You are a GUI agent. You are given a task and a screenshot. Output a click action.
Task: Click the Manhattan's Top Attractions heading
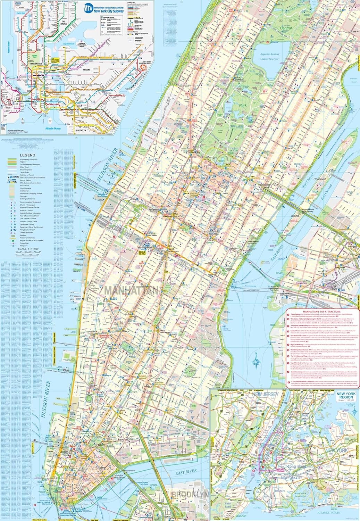pos(321,312)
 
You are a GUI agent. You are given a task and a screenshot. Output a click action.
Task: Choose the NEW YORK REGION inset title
pos(346,395)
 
